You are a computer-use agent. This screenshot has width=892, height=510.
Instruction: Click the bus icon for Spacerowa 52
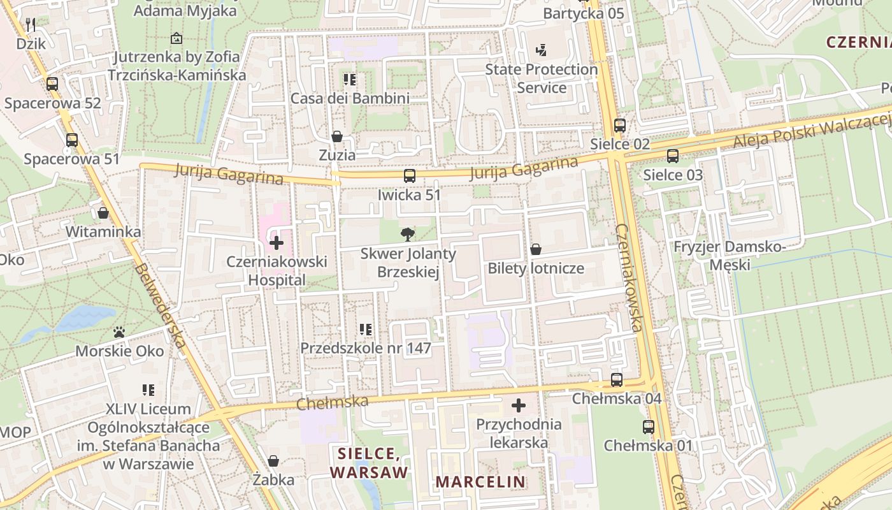pos(52,84)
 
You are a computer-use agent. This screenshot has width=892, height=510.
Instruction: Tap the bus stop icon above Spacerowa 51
pos(72,140)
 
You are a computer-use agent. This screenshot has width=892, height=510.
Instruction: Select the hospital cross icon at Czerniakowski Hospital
pos(277,242)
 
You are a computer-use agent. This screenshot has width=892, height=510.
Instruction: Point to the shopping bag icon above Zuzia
pos(337,136)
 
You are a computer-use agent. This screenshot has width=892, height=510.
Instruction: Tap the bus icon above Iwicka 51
pos(410,175)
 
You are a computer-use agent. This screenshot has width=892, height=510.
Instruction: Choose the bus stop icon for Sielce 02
pos(620,125)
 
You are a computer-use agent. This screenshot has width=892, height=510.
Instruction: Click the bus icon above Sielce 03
pos(673,156)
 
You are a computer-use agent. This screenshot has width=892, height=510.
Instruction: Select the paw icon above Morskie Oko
pos(119,332)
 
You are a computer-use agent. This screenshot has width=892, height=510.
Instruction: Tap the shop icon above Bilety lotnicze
pos(536,249)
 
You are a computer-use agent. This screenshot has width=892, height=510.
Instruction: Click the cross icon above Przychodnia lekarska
pos(519,405)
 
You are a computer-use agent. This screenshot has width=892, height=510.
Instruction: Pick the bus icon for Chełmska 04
pos(617,380)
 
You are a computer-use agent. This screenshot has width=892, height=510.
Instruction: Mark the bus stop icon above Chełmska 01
pos(649,426)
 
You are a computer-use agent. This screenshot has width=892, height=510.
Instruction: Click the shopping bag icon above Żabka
pos(273,460)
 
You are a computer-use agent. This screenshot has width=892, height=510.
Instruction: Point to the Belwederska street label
pos(160,306)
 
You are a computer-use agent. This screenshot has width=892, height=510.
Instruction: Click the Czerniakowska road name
pos(628,277)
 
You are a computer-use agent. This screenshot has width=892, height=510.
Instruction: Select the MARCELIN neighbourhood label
pos(481,482)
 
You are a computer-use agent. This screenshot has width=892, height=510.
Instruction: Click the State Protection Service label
pos(542,78)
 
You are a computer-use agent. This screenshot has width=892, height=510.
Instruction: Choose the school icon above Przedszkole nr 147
pos(366,330)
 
